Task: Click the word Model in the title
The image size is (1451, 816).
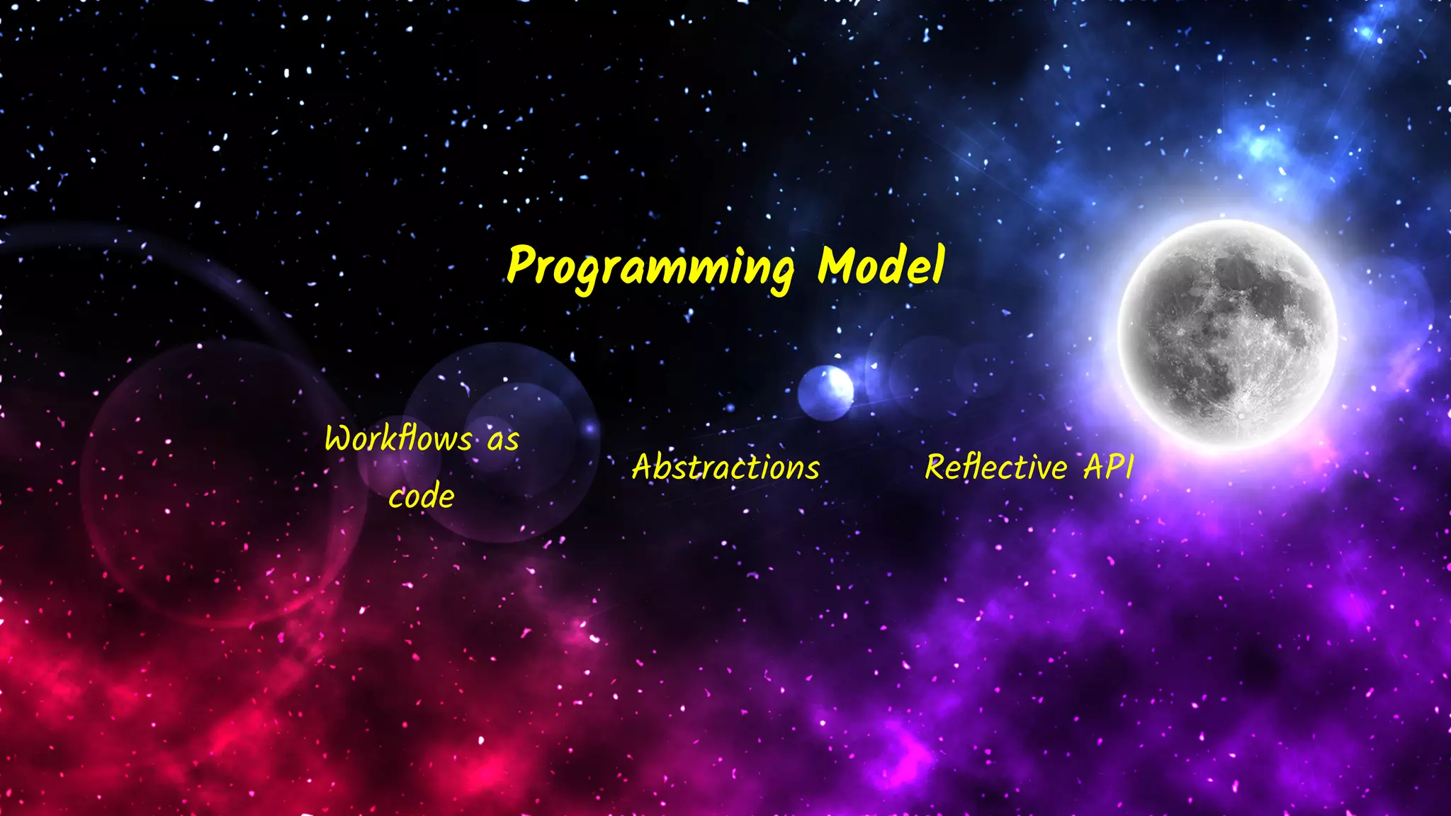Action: pos(881,265)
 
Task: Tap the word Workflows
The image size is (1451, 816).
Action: pos(398,438)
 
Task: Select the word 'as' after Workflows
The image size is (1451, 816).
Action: pos(503,441)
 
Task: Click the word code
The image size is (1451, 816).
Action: pos(422,496)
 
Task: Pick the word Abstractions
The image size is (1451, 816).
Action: pos(725,467)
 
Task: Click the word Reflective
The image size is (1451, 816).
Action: pos(995,467)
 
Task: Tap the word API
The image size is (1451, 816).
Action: pos(1109,467)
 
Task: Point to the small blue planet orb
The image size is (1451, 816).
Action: pos(825,392)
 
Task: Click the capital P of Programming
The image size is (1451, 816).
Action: pos(522,264)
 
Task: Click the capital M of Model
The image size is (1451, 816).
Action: pos(837,265)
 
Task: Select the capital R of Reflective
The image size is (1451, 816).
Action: pos(937,467)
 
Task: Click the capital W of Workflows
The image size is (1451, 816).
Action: pos(340,438)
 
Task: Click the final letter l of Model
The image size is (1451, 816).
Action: pos(938,263)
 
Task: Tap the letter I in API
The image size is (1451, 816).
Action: pos(1130,467)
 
